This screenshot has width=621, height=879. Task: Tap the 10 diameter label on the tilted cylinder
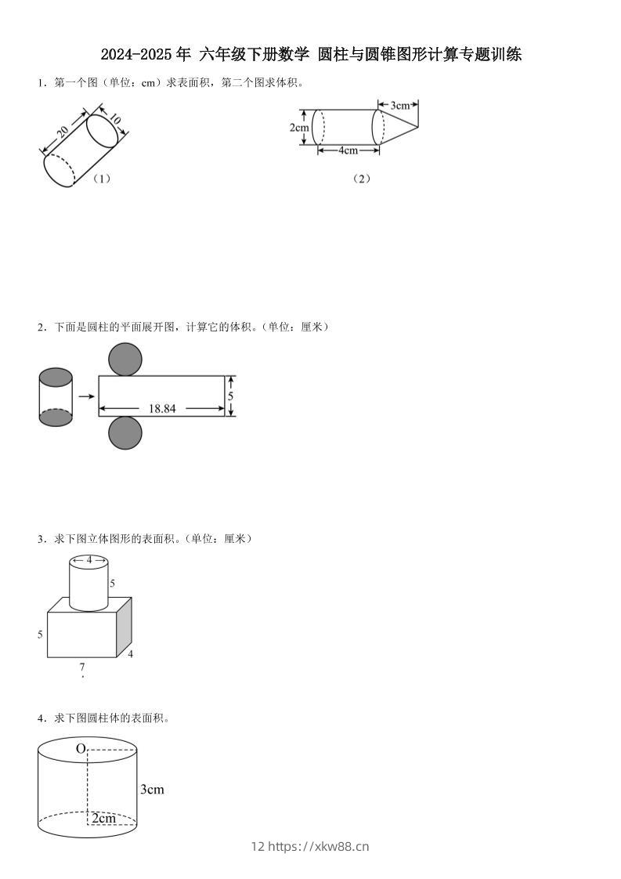(x=114, y=119)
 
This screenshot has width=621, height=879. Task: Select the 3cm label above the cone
(x=399, y=104)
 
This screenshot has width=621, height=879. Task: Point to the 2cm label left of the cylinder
(x=298, y=127)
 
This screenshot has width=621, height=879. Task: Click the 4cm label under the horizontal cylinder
(x=348, y=150)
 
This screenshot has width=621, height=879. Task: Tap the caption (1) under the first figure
(x=101, y=179)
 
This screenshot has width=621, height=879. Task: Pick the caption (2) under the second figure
(x=361, y=179)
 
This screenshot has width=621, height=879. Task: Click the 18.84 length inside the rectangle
(x=162, y=408)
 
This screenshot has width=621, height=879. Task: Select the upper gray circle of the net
(x=125, y=360)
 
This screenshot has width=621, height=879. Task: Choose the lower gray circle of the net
(x=125, y=433)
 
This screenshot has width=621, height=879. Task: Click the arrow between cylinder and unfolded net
(x=86, y=396)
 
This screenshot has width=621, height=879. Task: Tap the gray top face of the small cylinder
(x=56, y=378)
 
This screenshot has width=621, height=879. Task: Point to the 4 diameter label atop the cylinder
(x=88, y=560)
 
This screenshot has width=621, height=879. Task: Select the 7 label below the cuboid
(x=82, y=667)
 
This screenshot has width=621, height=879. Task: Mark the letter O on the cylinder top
(x=80, y=749)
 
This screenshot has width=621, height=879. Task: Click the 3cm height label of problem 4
(x=152, y=790)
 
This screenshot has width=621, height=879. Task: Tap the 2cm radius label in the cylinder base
(x=103, y=819)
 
